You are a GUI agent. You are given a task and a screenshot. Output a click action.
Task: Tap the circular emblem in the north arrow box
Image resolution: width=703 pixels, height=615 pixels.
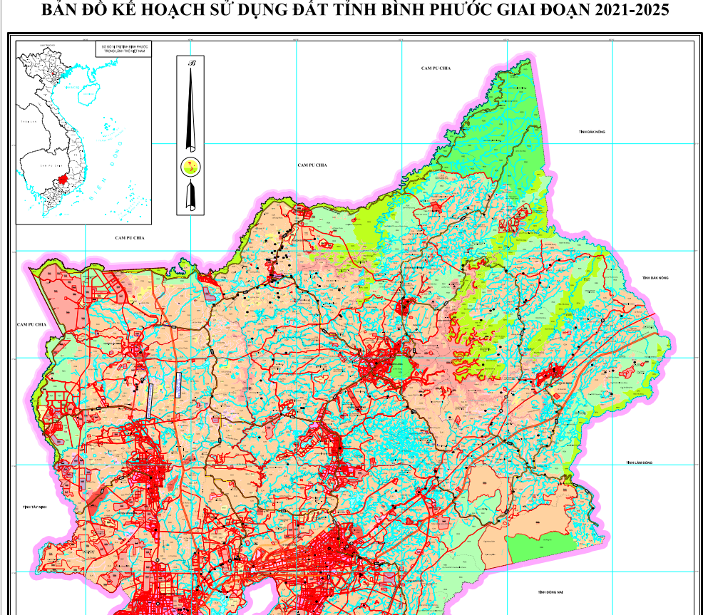[190, 167]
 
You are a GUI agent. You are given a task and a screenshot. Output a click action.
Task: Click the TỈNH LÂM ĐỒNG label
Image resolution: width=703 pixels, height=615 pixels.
[640, 462]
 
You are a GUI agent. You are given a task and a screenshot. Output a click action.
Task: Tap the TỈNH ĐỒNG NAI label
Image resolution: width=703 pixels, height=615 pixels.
[551, 591]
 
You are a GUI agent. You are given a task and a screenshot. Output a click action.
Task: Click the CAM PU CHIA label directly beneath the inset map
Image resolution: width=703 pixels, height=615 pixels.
[129, 237]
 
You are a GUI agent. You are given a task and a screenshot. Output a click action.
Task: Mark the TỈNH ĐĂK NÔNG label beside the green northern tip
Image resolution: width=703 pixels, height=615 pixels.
[592, 132]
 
